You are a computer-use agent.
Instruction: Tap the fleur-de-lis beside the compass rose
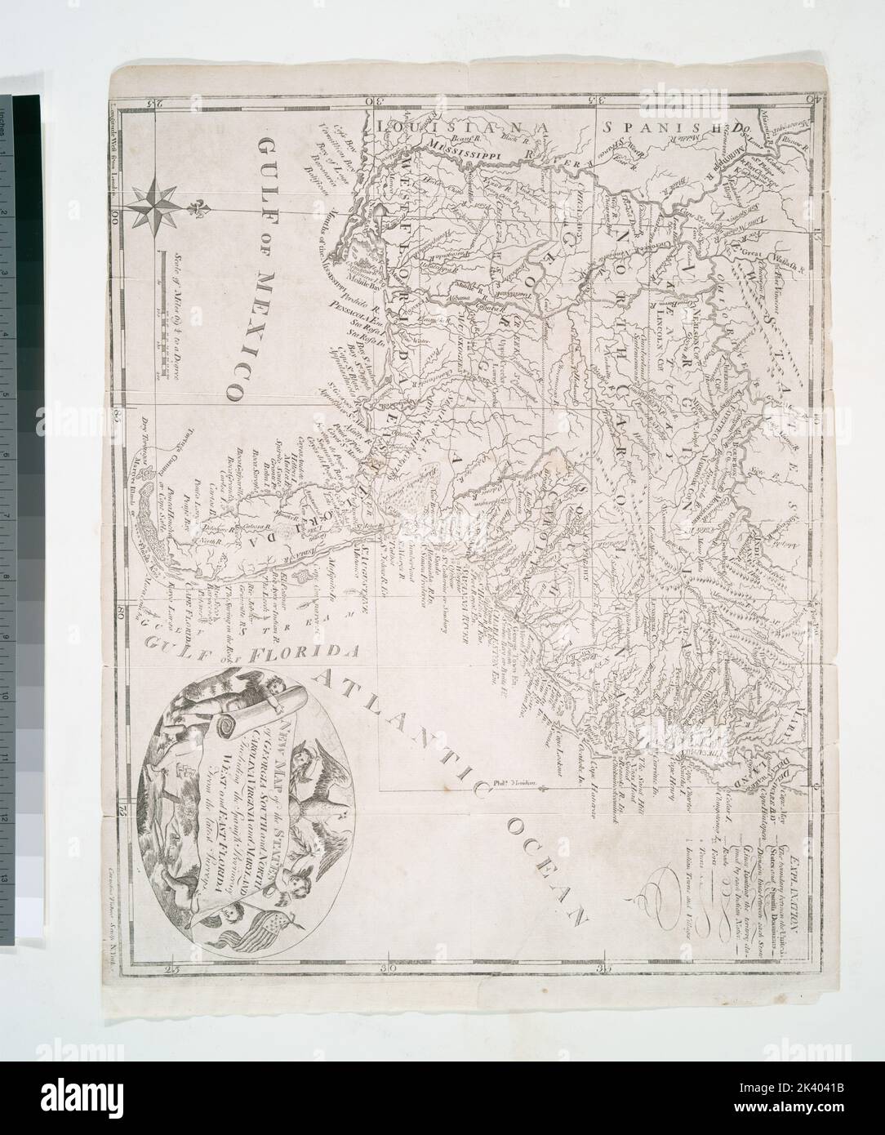(199, 208)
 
